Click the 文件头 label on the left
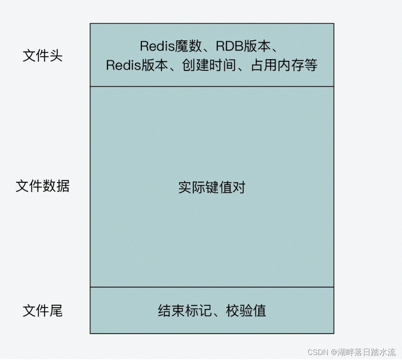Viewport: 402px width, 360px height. (42, 55)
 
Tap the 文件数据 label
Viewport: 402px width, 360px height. (42, 186)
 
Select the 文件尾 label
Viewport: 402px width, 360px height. (42, 310)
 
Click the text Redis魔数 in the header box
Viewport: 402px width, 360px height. (168, 46)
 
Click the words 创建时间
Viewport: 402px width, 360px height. (209, 65)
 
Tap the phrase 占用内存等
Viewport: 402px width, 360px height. (284, 65)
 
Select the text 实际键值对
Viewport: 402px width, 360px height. (212, 187)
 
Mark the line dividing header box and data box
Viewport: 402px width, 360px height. (212, 87)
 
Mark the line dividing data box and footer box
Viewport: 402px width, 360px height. (212, 287)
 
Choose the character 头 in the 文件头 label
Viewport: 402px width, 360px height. (56, 55)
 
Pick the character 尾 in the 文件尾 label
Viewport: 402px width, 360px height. (56, 310)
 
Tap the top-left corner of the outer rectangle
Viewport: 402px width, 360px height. (90, 24)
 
